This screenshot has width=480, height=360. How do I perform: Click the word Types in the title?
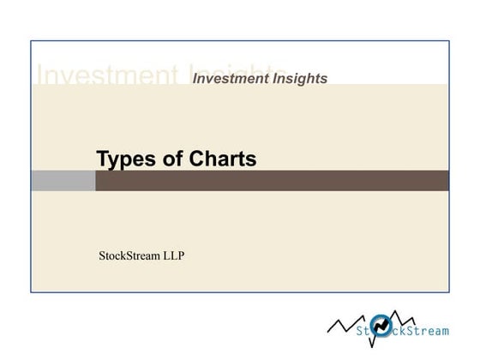pyautogui.click(x=125, y=159)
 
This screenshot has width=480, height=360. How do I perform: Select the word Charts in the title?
pyautogui.click(x=219, y=159)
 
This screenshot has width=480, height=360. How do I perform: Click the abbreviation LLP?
pyautogui.click(x=172, y=255)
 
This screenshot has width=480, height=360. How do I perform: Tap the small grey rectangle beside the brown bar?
pyautogui.click(x=63, y=181)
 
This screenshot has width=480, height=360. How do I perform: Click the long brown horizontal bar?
pyautogui.click(x=272, y=181)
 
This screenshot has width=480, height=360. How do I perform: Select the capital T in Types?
pyautogui.click(x=102, y=159)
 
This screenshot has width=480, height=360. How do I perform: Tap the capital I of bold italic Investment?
pyautogui.click(x=196, y=79)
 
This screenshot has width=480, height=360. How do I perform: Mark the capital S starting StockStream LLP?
pyautogui.click(x=103, y=255)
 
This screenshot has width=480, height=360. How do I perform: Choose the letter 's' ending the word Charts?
pyautogui.click(x=251, y=160)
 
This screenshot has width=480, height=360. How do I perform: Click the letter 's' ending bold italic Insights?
pyautogui.click(x=323, y=79)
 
